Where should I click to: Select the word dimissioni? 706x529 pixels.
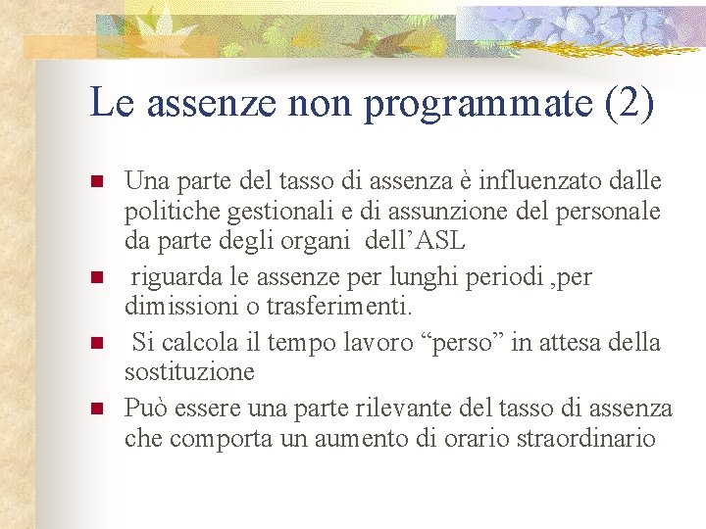pyautogui.click(x=179, y=308)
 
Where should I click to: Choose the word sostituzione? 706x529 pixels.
pyautogui.click(x=189, y=372)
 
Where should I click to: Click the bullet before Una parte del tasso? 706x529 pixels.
pyautogui.click(x=96, y=182)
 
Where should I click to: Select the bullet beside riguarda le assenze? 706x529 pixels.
pyautogui.click(x=96, y=278)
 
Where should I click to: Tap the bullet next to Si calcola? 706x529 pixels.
pyautogui.click(x=96, y=343)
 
